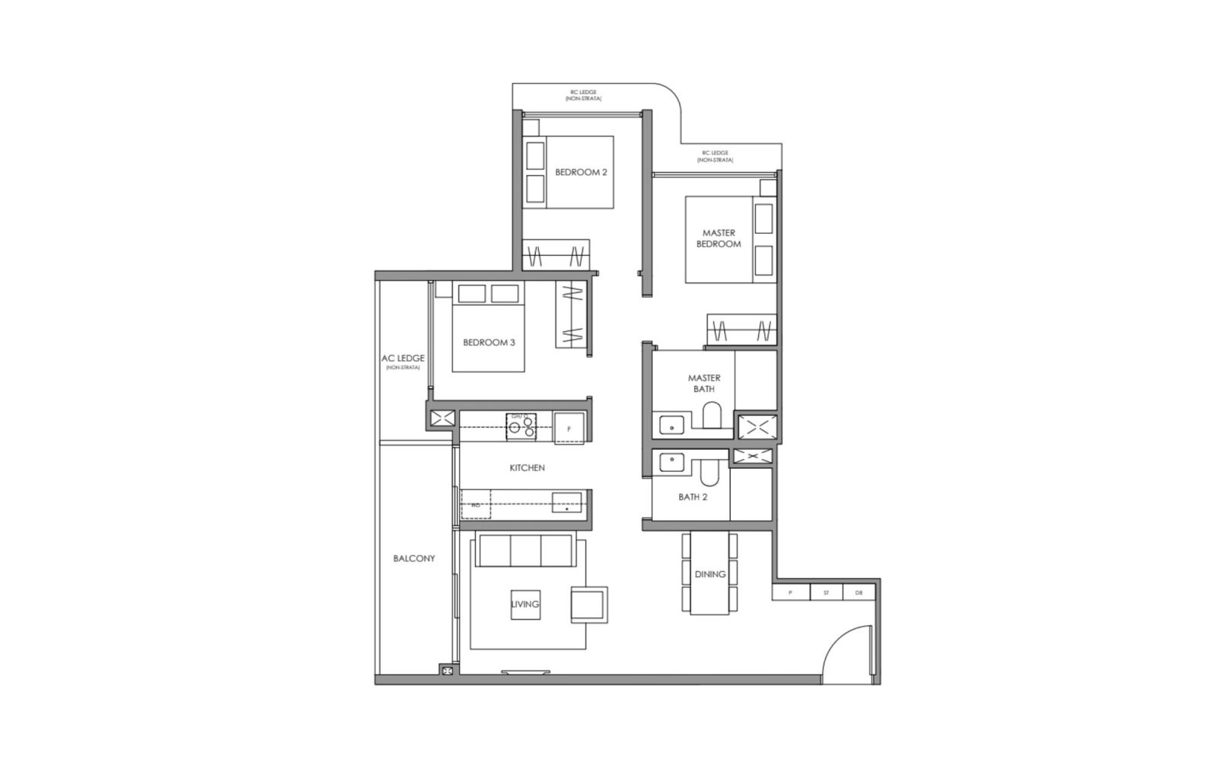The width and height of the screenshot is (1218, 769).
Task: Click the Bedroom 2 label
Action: (x=581, y=172)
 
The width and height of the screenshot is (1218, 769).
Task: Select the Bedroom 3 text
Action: (x=489, y=343)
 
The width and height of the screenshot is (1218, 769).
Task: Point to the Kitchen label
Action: (x=527, y=467)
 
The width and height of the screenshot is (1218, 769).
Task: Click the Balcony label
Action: (x=414, y=558)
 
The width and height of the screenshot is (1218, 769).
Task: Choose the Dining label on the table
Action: (x=709, y=574)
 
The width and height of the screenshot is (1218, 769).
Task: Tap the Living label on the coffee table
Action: (x=525, y=604)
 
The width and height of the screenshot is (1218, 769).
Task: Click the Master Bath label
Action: (x=704, y=383)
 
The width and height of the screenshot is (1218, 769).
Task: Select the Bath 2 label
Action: (x=693, y=497)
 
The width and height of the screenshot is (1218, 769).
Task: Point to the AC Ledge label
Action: (x=403, y=359)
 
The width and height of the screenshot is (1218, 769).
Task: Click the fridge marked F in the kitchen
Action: (x=569, y=426)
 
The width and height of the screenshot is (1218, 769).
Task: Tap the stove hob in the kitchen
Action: (x=521, y=426)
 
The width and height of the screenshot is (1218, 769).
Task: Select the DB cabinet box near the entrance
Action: (x=859, y=592)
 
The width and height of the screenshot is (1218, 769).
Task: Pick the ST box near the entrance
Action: (x=826, y=592)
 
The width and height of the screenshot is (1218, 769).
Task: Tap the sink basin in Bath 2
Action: (x=671, y=464)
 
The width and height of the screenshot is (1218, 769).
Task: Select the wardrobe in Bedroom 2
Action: (x=557, y=254)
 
